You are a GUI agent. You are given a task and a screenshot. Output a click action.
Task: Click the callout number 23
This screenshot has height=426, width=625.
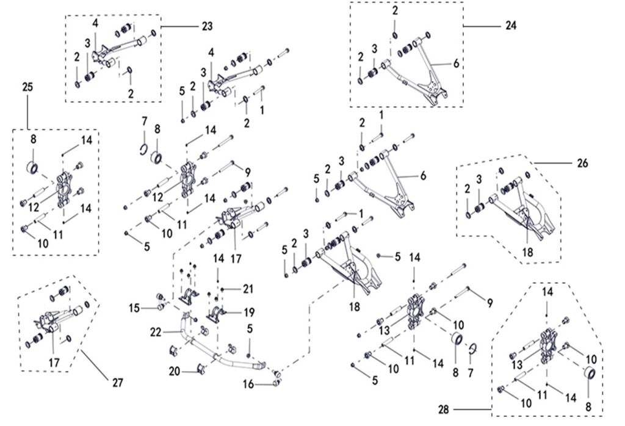click(208, 26)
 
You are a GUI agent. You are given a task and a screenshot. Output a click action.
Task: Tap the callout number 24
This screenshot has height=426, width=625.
click(511, 26)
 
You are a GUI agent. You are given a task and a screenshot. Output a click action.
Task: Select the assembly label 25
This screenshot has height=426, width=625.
click(27, 87)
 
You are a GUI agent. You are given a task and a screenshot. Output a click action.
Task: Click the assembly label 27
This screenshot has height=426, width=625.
click(117, 383)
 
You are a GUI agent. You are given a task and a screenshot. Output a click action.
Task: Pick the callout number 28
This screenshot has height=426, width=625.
click(444, 410)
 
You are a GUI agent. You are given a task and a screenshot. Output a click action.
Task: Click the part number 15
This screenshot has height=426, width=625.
click(134, 308)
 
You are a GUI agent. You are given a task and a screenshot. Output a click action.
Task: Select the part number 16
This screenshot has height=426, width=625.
click(248, 384)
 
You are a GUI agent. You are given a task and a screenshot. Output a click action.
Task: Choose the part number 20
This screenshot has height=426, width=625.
click(175, 372)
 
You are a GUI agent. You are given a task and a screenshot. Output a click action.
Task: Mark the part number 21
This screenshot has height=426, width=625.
click(248, 289)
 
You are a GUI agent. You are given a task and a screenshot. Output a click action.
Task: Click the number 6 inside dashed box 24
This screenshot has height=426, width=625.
click(456, 63)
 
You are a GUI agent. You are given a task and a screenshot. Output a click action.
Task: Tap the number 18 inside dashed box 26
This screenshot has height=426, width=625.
click(527, 252)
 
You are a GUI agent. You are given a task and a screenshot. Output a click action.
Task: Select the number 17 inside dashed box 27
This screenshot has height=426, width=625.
click(54, 363)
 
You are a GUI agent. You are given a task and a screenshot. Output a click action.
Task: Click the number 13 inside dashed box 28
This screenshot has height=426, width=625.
click(517, 364)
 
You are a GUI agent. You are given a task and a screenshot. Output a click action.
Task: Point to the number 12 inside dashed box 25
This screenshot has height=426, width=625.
click(34, 208)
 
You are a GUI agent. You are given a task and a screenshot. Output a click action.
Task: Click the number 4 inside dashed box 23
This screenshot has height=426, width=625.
click(95, 23)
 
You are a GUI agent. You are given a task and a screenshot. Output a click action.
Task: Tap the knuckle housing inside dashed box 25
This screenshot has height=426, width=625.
click(63, 189)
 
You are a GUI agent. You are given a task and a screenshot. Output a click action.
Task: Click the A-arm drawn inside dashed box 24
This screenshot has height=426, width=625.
click(414, 72)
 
